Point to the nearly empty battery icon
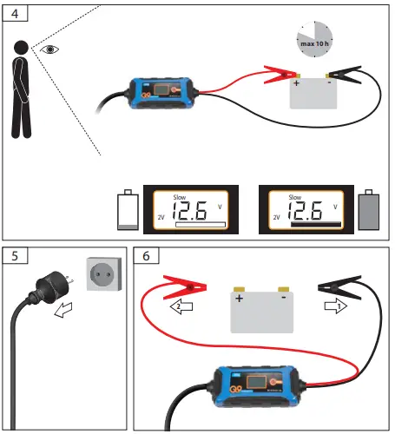click(x=128, y=210)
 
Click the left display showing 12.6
click(x=192, y=211)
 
